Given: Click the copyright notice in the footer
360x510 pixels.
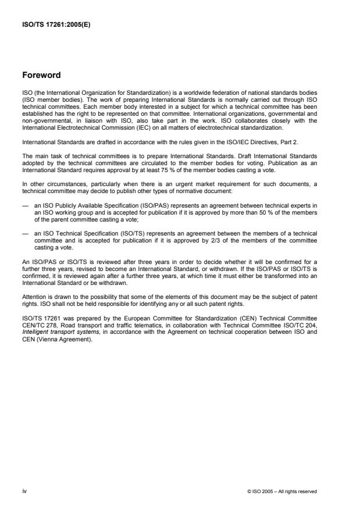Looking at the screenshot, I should point(281,491).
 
